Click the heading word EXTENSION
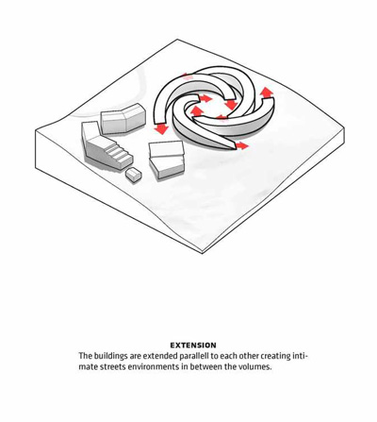coord(193,346)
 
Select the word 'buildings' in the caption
coord(107,356)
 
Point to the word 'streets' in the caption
coord(111,367)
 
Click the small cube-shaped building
coord(134,175)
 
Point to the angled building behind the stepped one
coord(123,118)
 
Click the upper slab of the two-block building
coord(167,149)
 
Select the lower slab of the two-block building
coord(167,167)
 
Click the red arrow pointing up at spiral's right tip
coord(267,93)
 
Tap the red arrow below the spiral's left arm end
coord(161,128)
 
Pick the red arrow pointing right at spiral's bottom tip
coord(242,145)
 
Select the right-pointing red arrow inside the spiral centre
coord(205,98)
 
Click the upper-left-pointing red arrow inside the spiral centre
coord(197,110)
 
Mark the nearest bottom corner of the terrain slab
coord(203,252)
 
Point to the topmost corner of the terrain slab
coord(177,40)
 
